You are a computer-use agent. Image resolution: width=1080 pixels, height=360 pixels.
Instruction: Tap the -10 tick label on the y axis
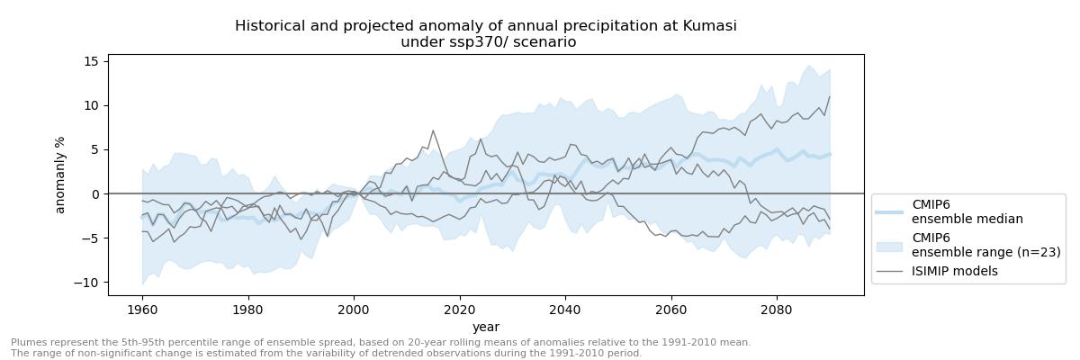pyautogui.click(x=87, y=283)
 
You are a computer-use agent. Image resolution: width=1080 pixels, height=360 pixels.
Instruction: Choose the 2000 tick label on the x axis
pyautogui.click(x=354, y=310)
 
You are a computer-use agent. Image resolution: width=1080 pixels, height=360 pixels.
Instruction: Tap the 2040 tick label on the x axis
pyautogui.click(x=565, y=310)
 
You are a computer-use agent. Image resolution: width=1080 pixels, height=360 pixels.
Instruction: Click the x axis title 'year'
pyautogui.click(x=486, y=327)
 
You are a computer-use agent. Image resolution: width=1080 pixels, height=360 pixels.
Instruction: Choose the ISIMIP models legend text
pyautogui.click(x=955, y=271)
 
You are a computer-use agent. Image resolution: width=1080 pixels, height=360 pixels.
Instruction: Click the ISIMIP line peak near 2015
pyautogui.click(x=433, y=130)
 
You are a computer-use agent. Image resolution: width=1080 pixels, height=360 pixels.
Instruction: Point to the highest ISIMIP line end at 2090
pyautogui.click(x=829, y=97)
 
